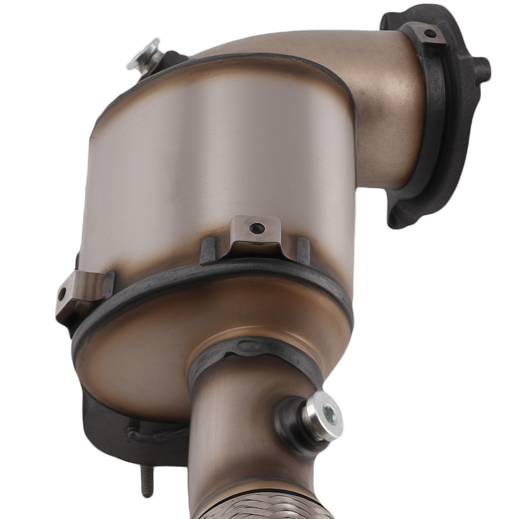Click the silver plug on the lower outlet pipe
pos(322,415)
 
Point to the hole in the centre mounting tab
pos(256,228)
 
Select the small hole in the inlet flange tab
pos(430,34)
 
